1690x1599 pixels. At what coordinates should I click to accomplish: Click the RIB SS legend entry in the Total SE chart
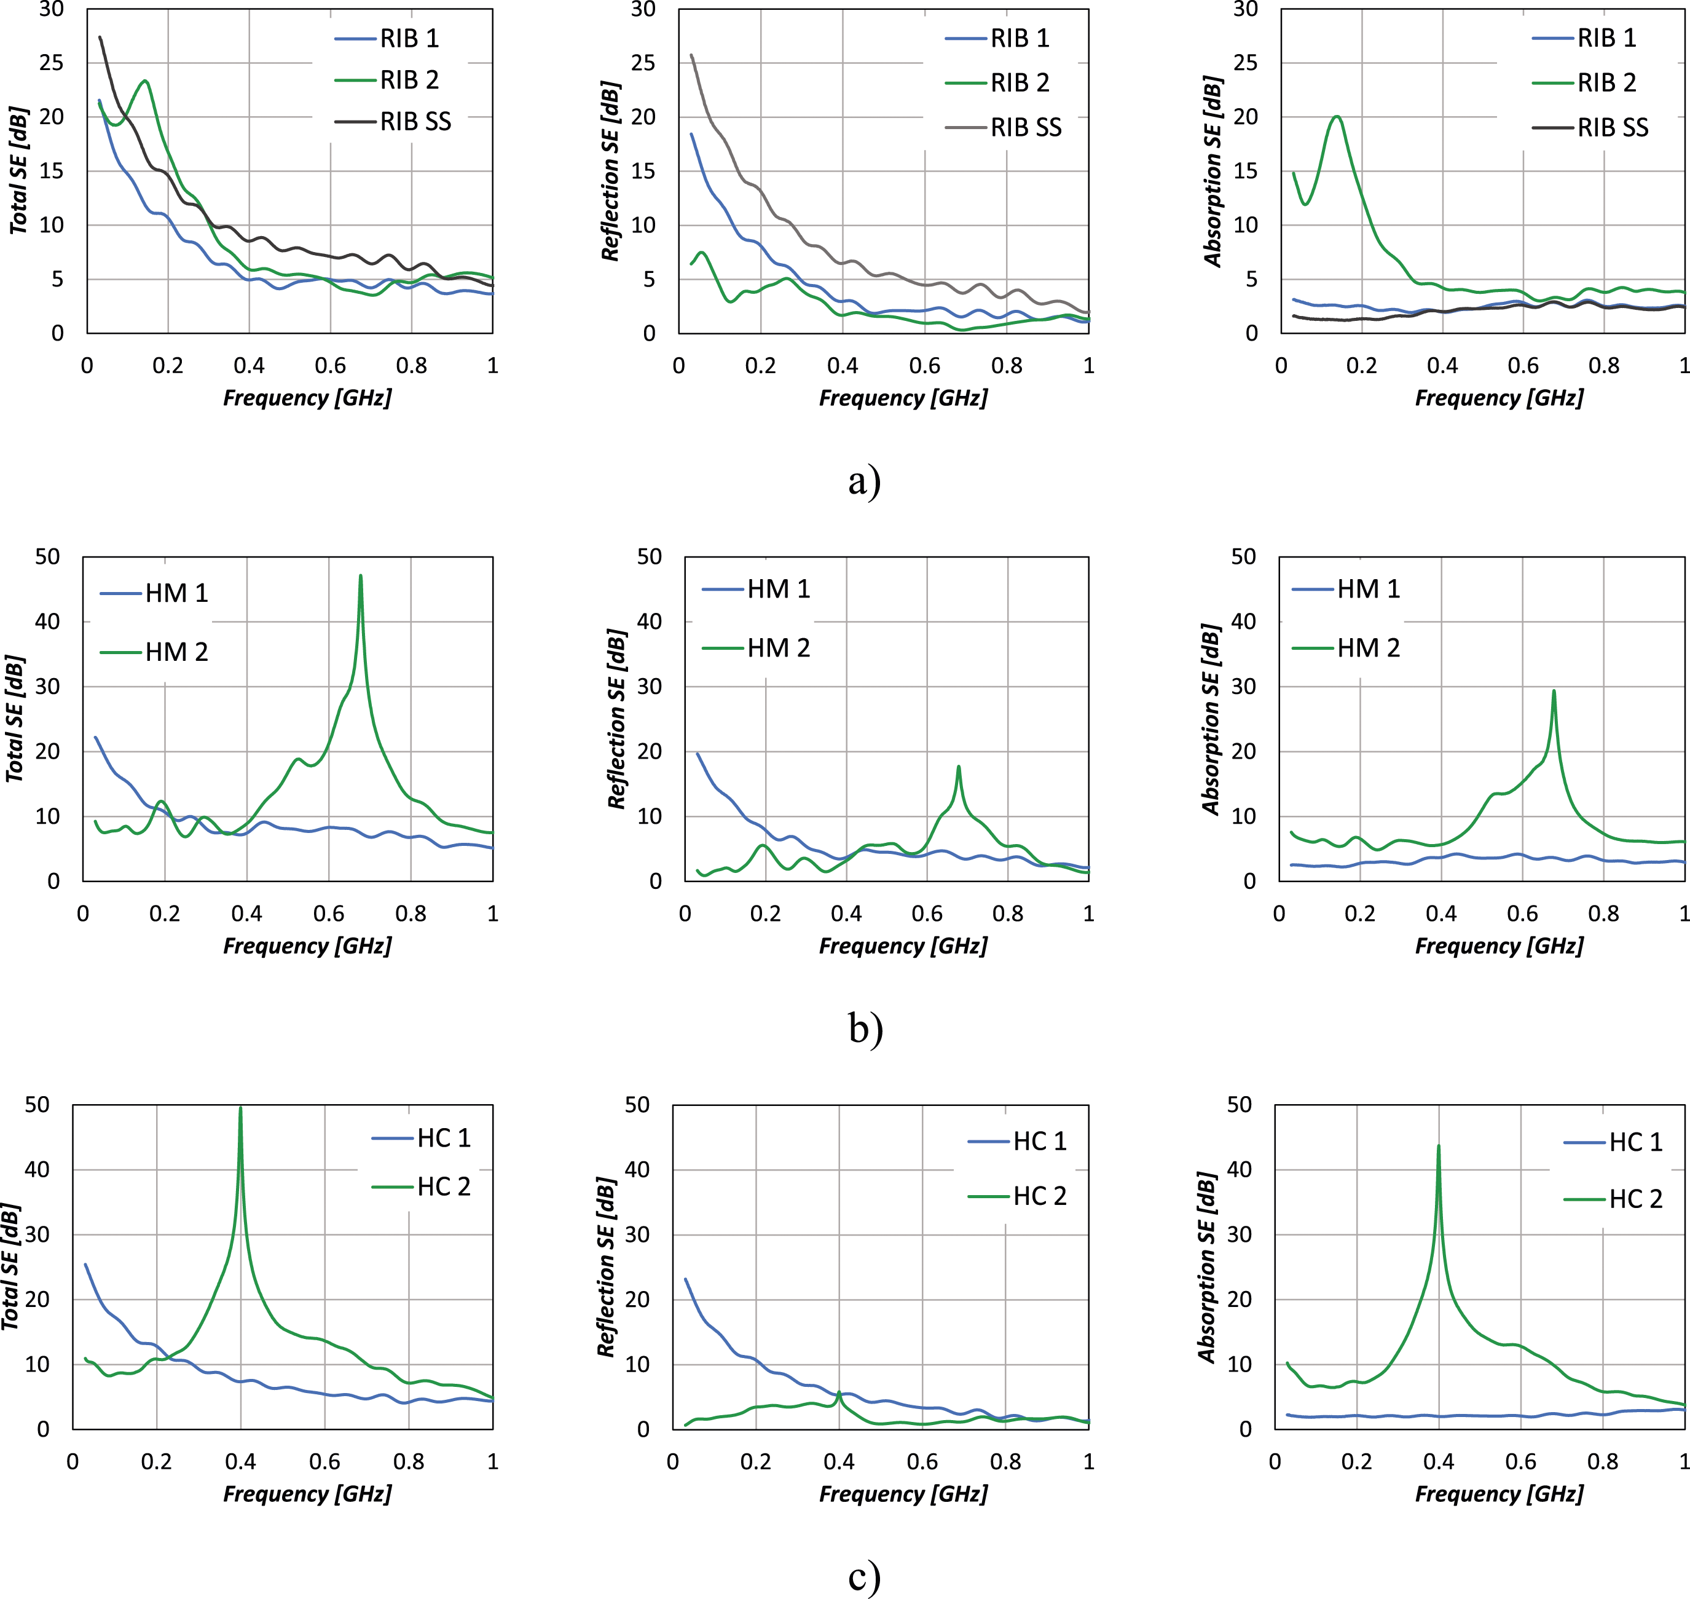tap(393, 122)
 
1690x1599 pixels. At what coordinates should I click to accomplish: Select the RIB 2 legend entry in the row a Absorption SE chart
tap(1584, 82)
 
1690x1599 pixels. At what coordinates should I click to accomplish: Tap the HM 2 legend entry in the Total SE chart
tap(154, 652)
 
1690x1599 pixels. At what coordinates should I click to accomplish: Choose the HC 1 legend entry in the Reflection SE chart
tap(1018, 1141)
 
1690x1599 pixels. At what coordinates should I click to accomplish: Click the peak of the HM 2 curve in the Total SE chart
tap(361, 575)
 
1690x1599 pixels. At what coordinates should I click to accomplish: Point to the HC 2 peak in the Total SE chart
tap(240, 1108)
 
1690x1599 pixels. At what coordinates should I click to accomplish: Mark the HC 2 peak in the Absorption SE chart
tap(1439, 1145)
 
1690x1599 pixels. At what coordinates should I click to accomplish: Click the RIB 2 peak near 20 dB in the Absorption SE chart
tap(1336, 116)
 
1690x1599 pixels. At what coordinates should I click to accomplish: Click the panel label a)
tap(864, 481)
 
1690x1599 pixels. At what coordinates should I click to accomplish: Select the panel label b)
tap(865, 1028)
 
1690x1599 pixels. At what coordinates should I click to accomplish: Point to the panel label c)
tap(864, 1577)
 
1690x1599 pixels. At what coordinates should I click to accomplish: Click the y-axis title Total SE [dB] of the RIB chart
tap(19, 170)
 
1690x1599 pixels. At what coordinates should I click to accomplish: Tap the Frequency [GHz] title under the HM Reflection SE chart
tap(903, 946)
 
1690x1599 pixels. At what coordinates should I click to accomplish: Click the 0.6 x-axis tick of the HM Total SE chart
tap(329, 914)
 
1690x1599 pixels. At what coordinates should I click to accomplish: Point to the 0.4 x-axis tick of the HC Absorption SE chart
tap(1439, 1462)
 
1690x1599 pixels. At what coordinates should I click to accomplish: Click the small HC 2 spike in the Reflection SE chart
tap(839, 1392)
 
